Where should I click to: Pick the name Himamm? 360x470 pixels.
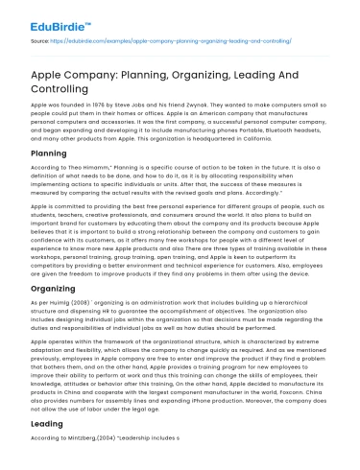(x=83, y=168)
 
